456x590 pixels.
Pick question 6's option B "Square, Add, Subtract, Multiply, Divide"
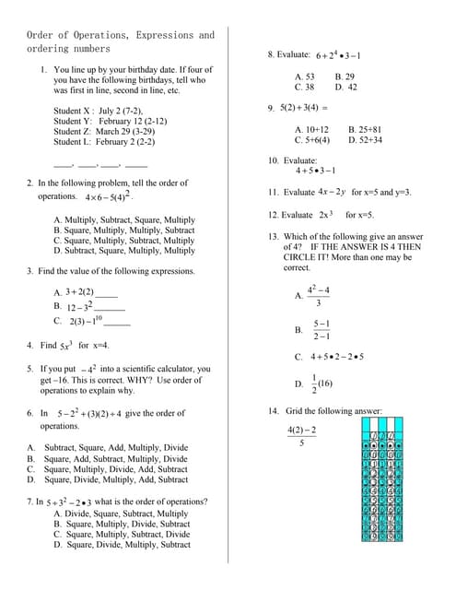[x=115, y=458]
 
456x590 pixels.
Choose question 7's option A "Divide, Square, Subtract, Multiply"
[x=121, y=513]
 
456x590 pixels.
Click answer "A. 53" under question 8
[x=304, y=77]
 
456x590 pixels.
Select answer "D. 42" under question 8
[x=345, y=87]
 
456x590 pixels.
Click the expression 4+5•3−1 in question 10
[x=315, y=171]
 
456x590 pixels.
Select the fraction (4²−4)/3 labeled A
[x=318, y=296]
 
